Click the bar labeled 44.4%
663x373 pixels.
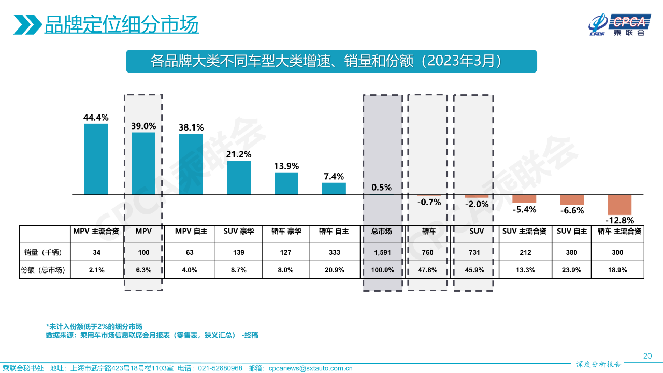pos(96,159)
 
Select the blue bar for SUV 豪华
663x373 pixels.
pos(239,178)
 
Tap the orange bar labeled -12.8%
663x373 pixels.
pos(619,205)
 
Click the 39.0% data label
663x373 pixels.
pos(143,126)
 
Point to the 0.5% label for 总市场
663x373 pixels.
pos(382,188)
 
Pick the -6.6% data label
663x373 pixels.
pos(572,210)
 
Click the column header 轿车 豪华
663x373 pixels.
pos(286,232)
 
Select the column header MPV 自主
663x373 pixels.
pos(191,232)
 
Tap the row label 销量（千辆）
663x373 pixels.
pos(44,253)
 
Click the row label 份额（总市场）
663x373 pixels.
pos(44,270)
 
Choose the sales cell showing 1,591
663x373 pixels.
pos(382,253)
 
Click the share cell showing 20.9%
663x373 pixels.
pos(334,270)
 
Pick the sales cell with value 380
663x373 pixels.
pos(572,253)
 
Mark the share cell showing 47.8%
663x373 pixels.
pos(429,270)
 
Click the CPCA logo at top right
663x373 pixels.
pos(618,24)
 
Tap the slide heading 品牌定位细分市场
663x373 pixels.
pos(121,24)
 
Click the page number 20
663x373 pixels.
pos(647,356)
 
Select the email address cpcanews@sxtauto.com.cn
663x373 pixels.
pos(310,368)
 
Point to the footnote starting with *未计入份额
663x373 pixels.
pos(94,327)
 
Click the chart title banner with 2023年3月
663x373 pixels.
pos(331,61)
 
